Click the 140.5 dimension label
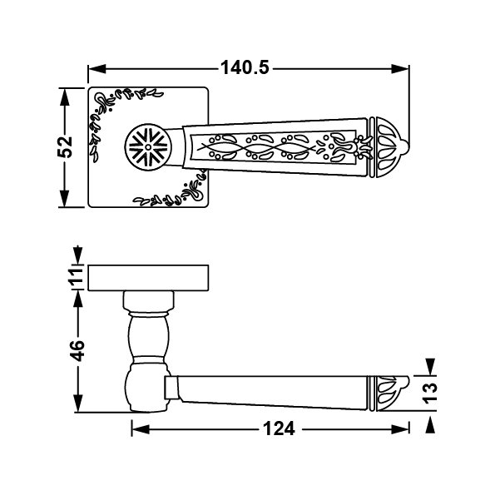[x=245, y=67]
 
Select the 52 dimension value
[x=65, y=147]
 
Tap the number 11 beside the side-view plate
[x=76, y=276]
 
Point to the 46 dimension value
[x=77, y=351]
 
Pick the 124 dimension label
[x=279, y=429]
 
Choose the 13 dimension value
[x=429, y=393]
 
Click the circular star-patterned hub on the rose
[x=148, y=147]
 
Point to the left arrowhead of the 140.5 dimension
[x=97, y=68]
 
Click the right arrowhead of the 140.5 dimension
[x=400, y=68]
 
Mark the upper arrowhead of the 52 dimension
[x=64, y=97]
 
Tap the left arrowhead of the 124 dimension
[x=141, y=429]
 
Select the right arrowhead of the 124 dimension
[x=400, y=429]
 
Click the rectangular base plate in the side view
[x=148, y=278]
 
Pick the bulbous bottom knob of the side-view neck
[x=147, y=388]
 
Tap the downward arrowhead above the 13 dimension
[x=430, y=367]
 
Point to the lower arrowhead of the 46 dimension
[x=78, y=403]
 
